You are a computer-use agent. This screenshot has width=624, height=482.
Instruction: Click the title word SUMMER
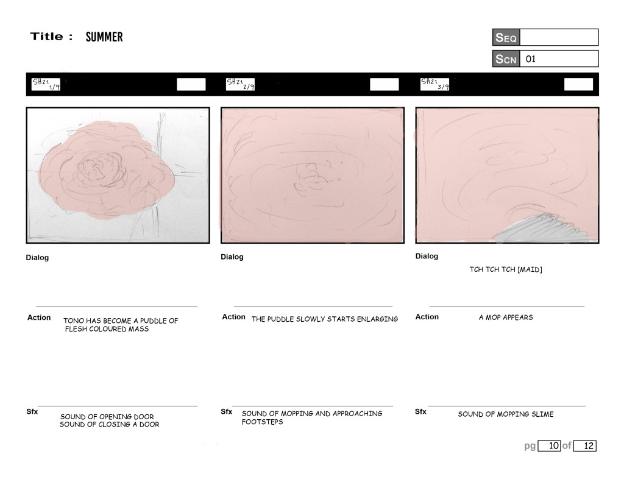click(x=104, y=37)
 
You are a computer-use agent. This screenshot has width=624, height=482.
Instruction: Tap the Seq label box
click(x=506, y=37)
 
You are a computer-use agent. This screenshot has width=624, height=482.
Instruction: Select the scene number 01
click(x=531, y=59)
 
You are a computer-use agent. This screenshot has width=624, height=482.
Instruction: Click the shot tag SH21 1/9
click(x=46, y=84)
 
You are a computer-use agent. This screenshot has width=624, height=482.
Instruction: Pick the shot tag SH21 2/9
click(x=240, y=84)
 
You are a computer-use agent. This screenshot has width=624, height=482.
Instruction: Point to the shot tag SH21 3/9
click(x=434, y=84)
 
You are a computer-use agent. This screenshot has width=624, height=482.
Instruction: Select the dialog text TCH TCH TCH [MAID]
click(x=506, y=269)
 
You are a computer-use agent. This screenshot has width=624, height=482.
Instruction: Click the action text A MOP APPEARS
click(x=506, y=317)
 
